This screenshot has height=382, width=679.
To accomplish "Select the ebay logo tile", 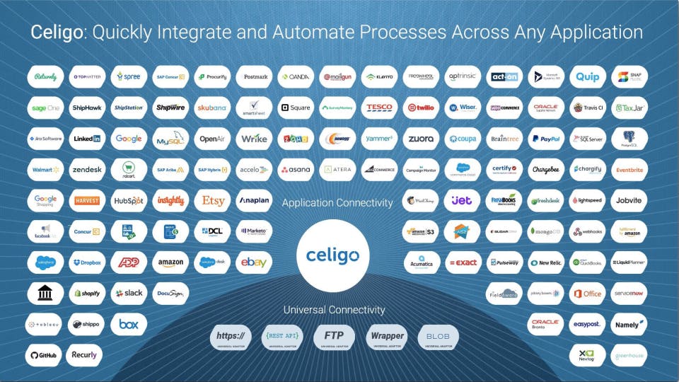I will coord(253,262).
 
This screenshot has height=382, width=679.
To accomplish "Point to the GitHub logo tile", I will coord(45,355).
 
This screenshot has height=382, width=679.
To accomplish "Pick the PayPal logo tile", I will coord(545,139).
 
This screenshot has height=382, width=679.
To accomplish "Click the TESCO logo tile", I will coord(379,108).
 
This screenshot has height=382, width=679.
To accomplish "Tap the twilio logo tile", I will coord(421,108).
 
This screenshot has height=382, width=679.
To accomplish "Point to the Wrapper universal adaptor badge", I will coord(387,337).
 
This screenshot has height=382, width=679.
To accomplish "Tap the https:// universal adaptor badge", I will coord(231,337).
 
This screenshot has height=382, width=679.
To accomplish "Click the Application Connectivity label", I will coord(337,202).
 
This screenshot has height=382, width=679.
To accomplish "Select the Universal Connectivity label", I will coord(335,310).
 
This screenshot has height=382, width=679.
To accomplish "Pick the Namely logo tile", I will coord(628,325).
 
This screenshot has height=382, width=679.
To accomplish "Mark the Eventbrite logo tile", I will coord(628,170).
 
